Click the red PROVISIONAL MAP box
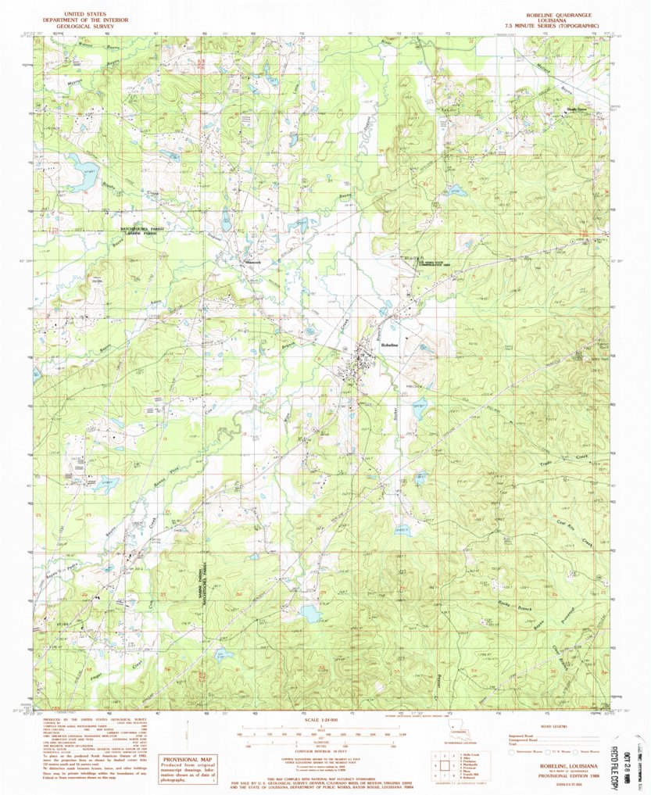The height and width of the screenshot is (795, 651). tap(187, 768)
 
